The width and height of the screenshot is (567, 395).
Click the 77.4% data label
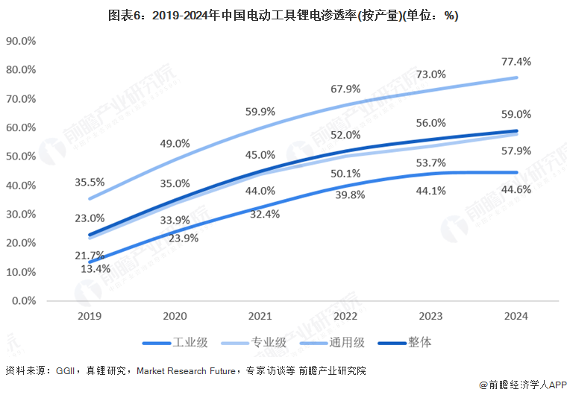(x=516, y=60)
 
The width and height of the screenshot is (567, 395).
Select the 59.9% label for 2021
(x=260, y=111)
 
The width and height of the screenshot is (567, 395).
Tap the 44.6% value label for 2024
(x=516, y=189)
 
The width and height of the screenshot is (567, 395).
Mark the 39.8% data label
(x=345, y=195)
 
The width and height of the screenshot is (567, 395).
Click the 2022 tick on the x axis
(x=345, y=316)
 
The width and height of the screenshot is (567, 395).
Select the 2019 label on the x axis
(x=90, y=316)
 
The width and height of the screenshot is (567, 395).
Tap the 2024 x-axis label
(x=516, y=316)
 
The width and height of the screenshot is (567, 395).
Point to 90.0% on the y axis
(x=21, y=41)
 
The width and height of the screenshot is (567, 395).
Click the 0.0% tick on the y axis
(x=24, y=301)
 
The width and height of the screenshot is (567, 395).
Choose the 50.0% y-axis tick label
(x=21, y=157)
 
